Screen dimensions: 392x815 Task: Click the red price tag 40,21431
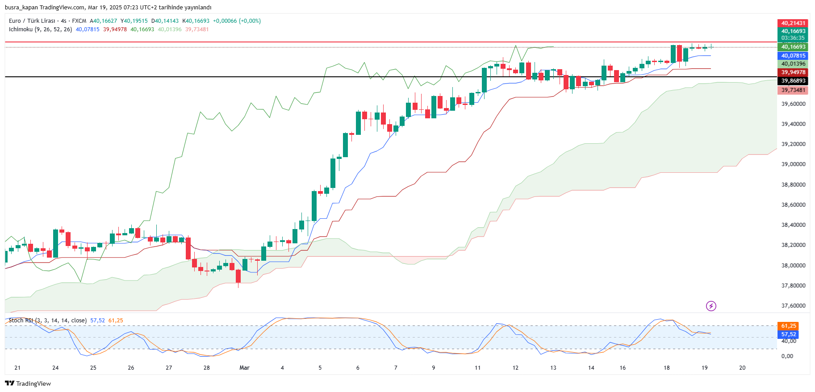[x=793, y=23]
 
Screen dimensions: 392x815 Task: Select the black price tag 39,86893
[x=793, y=81]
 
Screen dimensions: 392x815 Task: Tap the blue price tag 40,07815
[x=793, y=56]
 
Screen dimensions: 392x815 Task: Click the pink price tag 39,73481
[x=793, y=90]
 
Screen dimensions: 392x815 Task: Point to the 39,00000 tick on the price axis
[x=793, y=164]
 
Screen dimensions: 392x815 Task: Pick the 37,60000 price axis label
[x=793, y=306]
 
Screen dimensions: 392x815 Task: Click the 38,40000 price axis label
[x=793, y=225]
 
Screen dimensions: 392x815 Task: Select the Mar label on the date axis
[x=244, y=368]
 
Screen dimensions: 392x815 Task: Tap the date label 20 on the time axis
[x=742, y=368]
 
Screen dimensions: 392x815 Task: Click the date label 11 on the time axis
[x=477, y=368]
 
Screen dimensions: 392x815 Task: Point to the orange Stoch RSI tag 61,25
[x=789, y=326]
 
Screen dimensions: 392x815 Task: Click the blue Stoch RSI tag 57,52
[x=789, y=334]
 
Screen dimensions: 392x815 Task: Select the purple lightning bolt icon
[x=711, y=306]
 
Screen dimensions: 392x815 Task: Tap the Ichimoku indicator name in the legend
[x=21, y=29]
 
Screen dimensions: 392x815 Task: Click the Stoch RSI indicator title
[x=21, y=321]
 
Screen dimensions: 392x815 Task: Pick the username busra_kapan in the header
[x=21, y=8]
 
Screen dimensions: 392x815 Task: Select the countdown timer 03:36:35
[x=793, y=38]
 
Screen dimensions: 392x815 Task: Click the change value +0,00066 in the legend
[x=225, y=21]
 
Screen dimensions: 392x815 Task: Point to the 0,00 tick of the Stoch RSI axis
[x=787, y=356]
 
